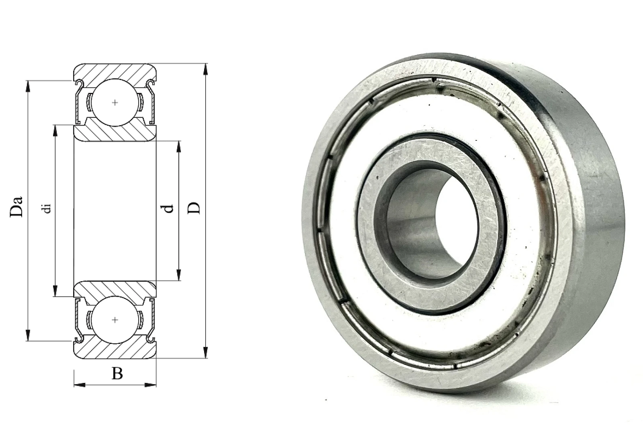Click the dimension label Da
pos(16,206)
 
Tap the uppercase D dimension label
pos(194,208)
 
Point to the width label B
pos(117,373)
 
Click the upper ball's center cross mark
pos(115,103)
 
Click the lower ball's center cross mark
pos(115,320)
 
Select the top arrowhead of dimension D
pos(205,70)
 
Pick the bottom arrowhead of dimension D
pos(205,352)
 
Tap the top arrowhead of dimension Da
pos(28,86)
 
